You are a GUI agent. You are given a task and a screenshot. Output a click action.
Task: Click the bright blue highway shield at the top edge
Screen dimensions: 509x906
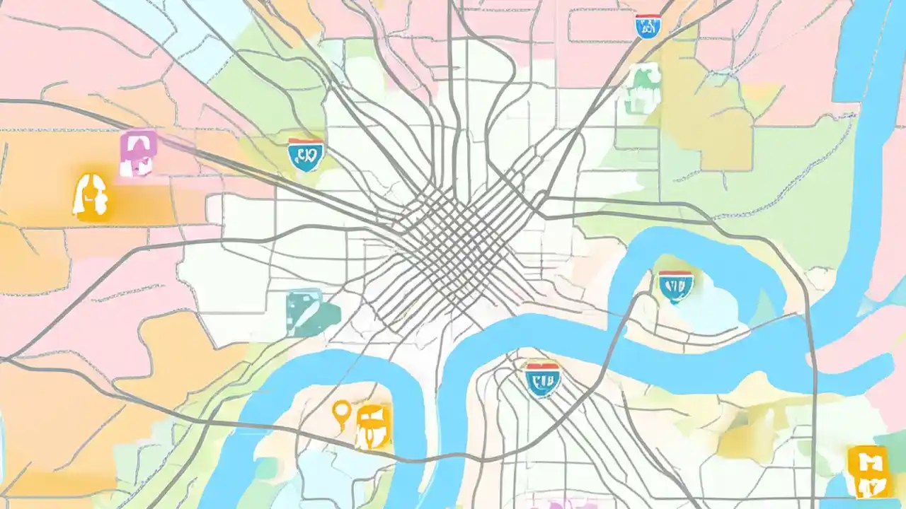coord(648,26)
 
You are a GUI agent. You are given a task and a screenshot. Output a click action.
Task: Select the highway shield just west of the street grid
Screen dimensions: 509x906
coord(306,154)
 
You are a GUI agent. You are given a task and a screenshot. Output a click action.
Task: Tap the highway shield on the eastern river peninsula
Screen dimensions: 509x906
coord(675,286)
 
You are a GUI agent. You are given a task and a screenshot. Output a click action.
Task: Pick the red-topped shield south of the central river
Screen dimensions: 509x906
coord(543,378)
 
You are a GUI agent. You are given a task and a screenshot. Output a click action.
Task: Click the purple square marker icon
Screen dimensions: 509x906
coord(138,153)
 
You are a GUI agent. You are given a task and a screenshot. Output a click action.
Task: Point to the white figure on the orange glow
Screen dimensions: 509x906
coord(91,196)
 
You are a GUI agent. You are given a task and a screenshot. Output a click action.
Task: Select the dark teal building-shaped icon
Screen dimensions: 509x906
coord(311,312)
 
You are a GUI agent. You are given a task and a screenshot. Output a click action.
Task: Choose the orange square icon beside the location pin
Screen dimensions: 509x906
coord(373,426)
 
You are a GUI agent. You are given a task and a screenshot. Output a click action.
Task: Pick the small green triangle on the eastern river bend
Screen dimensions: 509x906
coord(768,308)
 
